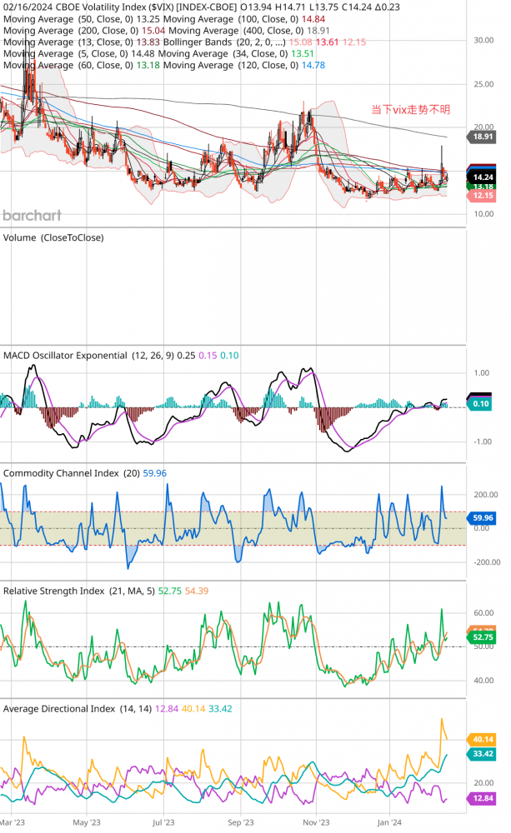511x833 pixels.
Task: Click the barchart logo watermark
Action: (x=32, y=215)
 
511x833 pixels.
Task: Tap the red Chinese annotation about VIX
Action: (x=410, y=109)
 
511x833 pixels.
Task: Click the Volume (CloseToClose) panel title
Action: (x=53, y=237)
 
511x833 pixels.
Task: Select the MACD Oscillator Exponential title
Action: (x=66, y=356)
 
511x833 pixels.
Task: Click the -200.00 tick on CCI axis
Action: (x=486, y=562)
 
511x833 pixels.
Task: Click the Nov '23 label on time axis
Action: (x=314, y=821)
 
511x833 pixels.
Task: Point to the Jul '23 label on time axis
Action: (x=163, y=821)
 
